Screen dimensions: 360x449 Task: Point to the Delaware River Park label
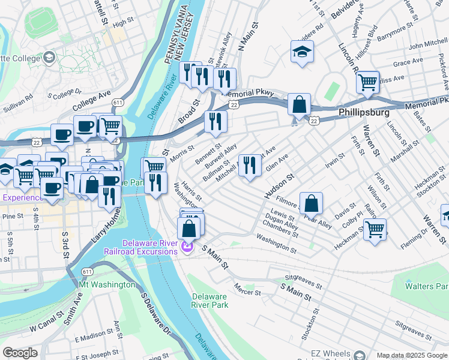coord(210,301)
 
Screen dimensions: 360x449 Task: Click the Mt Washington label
coord(106,284)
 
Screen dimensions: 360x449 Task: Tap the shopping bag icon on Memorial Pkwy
coord(299,105)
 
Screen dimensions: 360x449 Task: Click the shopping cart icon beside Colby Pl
coord(375,229)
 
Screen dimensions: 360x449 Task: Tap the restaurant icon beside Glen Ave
coord(250,164)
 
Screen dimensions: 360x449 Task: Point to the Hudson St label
coord(279,185)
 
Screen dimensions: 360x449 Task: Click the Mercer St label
coord(248,290)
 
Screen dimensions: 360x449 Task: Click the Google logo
coord(20,353)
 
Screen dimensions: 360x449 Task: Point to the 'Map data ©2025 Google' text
coord(411,355)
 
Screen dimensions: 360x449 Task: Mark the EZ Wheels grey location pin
coord(359,355)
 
